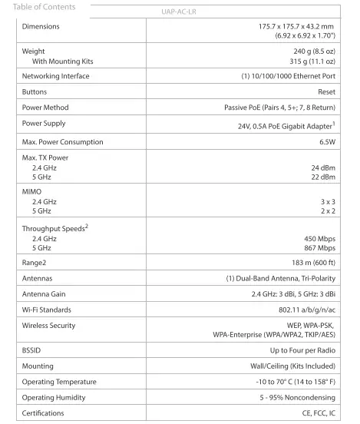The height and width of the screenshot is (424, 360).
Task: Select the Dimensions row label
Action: click(x=41, y=26)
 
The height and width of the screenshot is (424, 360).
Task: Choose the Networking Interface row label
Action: click(x=55, y=76)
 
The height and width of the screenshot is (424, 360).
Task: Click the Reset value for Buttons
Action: click(x=326, y=91)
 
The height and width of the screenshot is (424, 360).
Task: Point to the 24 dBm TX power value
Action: click(x=322, y=167)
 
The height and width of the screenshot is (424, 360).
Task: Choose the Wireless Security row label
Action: click(x=48, y=326)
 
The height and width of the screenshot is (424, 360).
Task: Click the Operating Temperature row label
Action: click(x=59, y=382)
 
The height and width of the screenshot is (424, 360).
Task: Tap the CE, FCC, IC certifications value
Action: click(x=316, y=413)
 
